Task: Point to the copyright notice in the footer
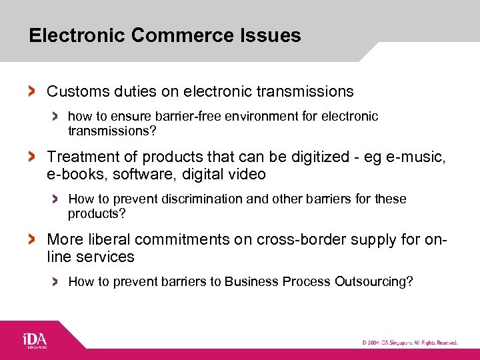pyautogui.click(x=409, y=343)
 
